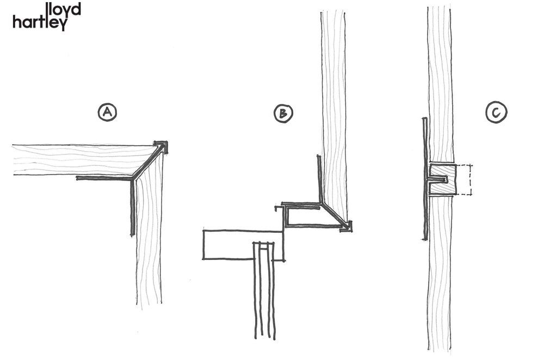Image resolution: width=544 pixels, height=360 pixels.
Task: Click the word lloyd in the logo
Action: [63, 9]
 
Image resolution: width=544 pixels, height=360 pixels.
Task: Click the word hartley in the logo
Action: [40, 23]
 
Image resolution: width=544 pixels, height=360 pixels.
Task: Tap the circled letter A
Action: [107, 112]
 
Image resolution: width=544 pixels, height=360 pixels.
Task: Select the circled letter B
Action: [283, 113]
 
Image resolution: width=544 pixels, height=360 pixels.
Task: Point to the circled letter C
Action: [496, 113]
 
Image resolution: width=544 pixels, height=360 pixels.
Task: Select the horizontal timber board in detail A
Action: [83, 160]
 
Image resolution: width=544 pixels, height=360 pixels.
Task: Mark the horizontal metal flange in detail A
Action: [104, 178]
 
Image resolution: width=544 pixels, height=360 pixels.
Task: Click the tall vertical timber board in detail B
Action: [334, 114]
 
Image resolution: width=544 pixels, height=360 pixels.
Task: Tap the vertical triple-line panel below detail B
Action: [264, 290]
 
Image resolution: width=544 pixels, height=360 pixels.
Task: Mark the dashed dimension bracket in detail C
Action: [465, 179]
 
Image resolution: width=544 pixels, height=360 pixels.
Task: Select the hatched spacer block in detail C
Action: [442, 179]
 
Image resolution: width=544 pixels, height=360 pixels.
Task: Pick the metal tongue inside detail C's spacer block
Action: [437, 180]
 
